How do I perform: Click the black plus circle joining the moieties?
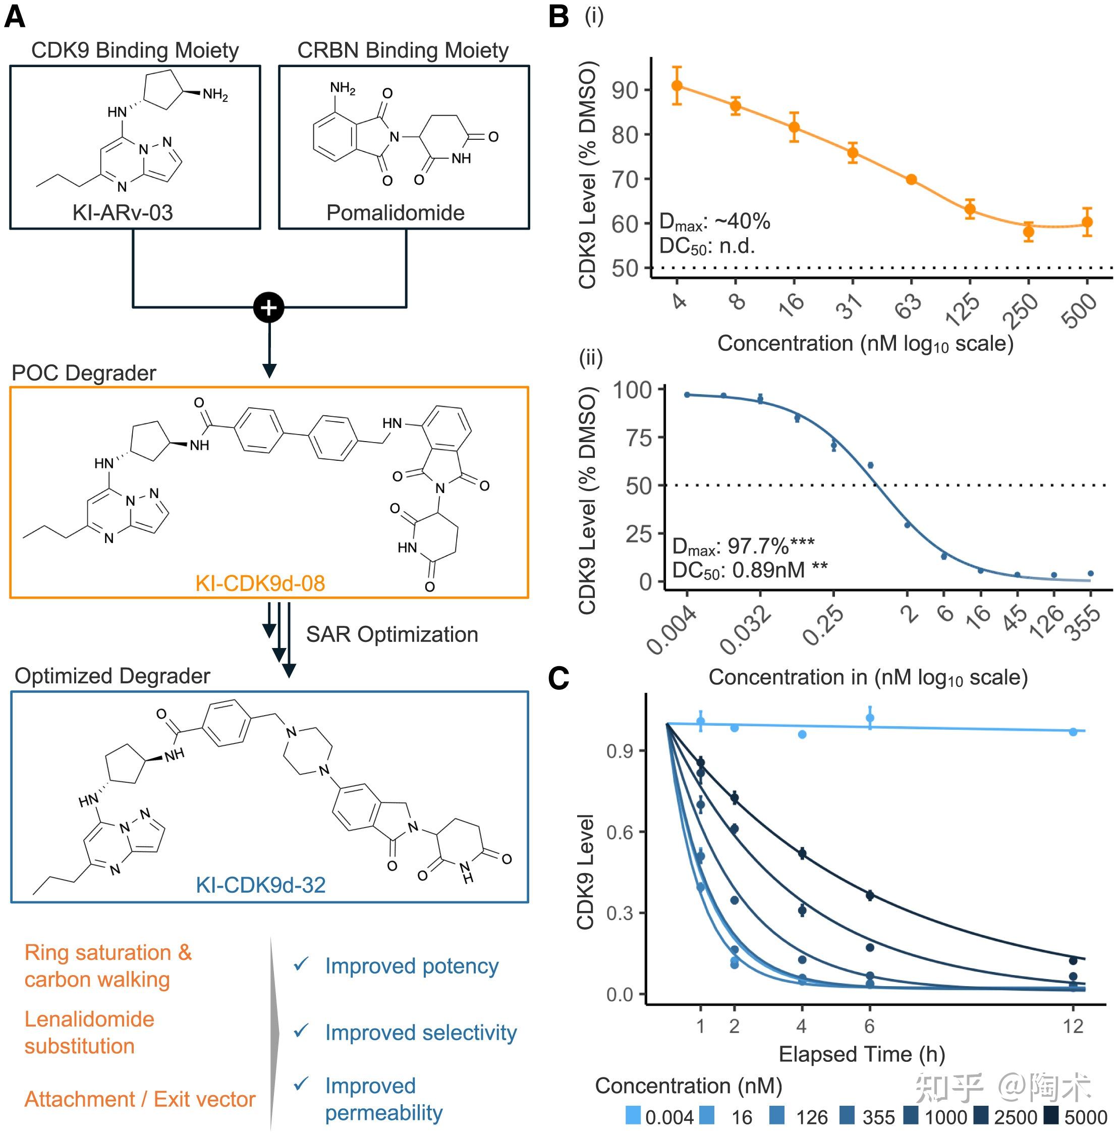(x=268, y=307)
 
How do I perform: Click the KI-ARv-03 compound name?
(x=123, y=212)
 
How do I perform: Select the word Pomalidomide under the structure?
(x=395, y=212)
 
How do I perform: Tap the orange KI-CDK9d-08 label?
(x=260, y=583)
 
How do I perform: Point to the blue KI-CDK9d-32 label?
(x=260, y=885)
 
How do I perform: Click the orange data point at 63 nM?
(x=911, y=180)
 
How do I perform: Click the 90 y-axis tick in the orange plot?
(x=625, y=90)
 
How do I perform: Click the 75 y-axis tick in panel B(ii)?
(x=639, y=438)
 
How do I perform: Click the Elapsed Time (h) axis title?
(x=861, y=1054)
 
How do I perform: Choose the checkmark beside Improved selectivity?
(x=301, y=1031)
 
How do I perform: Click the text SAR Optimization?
(x=391, y=634)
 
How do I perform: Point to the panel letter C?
(x=558, y=678)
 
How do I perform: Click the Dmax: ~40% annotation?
(x=714, y=222)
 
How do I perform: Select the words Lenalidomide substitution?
(x=89, y=1033)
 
